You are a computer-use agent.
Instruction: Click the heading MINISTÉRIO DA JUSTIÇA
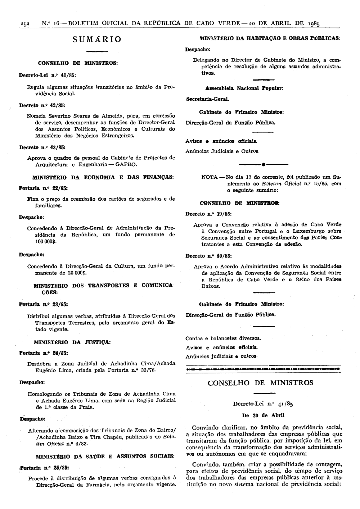point(72,342)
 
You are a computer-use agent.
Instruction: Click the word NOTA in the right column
point(209,177)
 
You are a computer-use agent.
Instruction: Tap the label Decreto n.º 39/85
point(208,214)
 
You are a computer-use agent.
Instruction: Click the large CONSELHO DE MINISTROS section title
point(261,382)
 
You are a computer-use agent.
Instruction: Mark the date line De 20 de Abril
point(263,415)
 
